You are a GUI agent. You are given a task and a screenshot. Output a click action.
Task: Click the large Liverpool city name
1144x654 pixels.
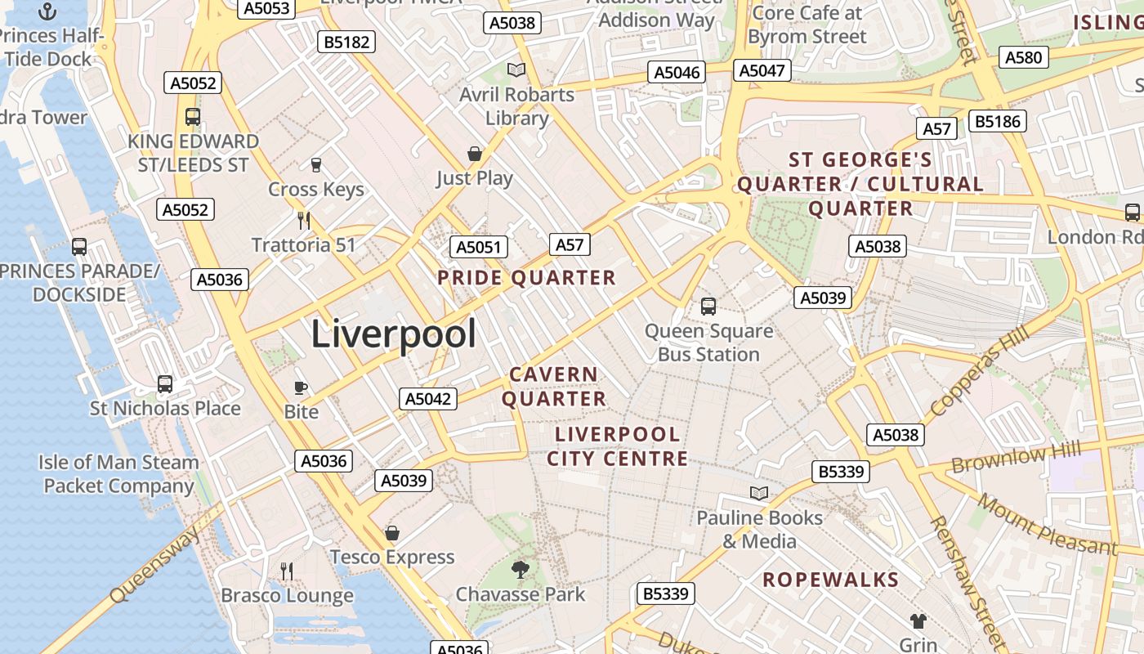pos(393,334)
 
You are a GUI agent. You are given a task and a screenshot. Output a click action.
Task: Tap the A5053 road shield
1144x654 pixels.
pos(266,8)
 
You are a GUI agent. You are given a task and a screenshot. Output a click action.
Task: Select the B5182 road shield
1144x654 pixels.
pos(347,42)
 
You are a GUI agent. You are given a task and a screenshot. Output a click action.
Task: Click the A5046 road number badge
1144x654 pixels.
pos(677,73)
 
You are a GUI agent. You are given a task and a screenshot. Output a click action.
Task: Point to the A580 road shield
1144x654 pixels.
pos(1024,57)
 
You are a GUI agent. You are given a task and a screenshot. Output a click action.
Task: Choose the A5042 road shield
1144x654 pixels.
pos(428,399)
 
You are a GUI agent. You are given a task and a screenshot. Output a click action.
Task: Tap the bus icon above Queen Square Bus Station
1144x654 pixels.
pos(708,307)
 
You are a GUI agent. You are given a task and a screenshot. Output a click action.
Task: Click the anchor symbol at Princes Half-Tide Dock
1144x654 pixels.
pos(47,11)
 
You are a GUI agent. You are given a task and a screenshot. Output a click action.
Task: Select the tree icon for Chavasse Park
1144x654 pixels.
pos(520,569)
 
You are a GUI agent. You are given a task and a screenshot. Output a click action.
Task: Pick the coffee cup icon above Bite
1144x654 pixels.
pos(301,387)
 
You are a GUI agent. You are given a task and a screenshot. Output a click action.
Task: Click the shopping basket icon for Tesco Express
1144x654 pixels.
pos(392,533)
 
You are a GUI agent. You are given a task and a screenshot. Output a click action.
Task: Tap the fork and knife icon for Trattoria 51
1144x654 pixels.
pos(304,220)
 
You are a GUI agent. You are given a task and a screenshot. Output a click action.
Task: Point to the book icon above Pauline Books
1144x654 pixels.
pos(759,493)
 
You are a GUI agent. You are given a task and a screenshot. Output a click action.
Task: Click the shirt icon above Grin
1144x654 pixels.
pos(918,621)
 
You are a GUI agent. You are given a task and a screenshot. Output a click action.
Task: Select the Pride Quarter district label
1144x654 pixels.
pos(526,278)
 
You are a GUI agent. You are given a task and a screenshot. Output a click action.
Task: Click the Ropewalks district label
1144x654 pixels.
pos(830,580)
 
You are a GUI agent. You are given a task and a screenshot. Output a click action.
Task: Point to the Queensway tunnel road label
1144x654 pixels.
pos(155,564)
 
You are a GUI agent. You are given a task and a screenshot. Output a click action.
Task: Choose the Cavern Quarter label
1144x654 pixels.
pos(554,387)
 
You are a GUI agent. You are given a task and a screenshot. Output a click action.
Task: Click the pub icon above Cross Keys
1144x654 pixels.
pos(316,164)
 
